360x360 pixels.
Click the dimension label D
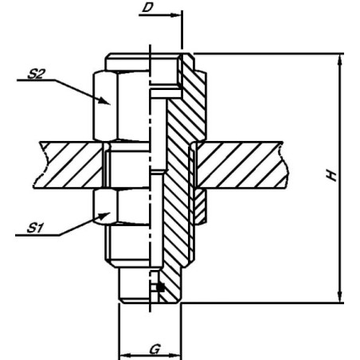[x=147, y=7]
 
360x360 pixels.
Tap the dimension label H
[x=332, y=175]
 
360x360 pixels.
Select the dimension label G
[x=155, y=349]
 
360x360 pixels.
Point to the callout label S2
[x=35, y=74]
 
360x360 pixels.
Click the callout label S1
[x=35, y=228]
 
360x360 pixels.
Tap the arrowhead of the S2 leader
[x=104, y=101]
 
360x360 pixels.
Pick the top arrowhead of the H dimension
[x=339, y=60]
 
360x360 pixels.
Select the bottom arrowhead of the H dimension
[x=339, y=297]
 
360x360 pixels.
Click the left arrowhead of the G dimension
[x=125, y=355]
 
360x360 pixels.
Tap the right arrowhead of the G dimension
[x=176, y=355]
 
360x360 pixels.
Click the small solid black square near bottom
[x=160, y=288]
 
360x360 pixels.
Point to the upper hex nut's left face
[x=105, y=106]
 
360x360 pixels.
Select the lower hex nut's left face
[x=105, y=206]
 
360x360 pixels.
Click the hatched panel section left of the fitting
[x=70, y=165]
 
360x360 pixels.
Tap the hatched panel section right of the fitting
[x=241, y=165]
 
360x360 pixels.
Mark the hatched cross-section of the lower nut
[x=200, y=206]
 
